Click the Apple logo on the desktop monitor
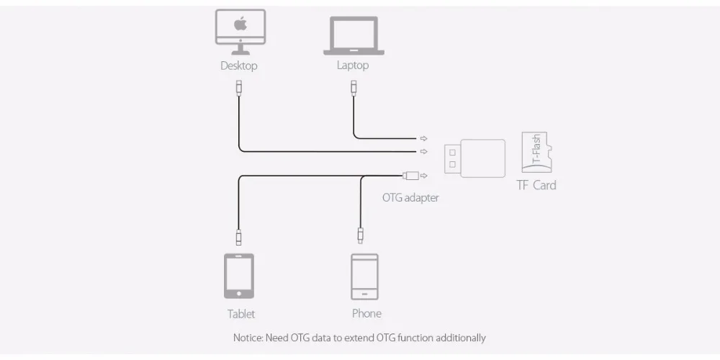tap(240, 24)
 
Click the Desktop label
tap(239, 66)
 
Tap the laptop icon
tap(353, 35)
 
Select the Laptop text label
tap(353, 66)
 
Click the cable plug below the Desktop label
tap(239, 89)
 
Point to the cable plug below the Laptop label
tap(354, 89)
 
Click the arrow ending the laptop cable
tap(423, 138)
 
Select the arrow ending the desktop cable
tap(423, 151)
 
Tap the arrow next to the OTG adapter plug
tap(424, 175)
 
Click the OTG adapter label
tap(410, 197)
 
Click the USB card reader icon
tap(474, 158)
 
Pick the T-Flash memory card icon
tap(536, 153)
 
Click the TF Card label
tap(536, 185)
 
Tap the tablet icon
tap(239, 276)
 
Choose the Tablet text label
tap(241, 314)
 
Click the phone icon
tap(364, 276)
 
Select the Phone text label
tap(366, 313)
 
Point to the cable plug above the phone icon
tap(361, 235)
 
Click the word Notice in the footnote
tap(248, 338)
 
